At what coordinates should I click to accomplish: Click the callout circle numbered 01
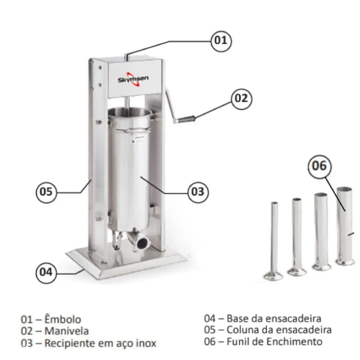click(x=221, y=41)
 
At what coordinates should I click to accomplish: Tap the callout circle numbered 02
click(x=241, y=99)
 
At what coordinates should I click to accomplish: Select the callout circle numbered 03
click(x=198, y=192)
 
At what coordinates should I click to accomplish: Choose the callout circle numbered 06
click(x=319, y=166)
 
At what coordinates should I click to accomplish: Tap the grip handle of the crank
click(x=186, y=119)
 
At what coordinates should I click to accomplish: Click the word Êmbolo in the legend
click(x=63, y=319)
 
